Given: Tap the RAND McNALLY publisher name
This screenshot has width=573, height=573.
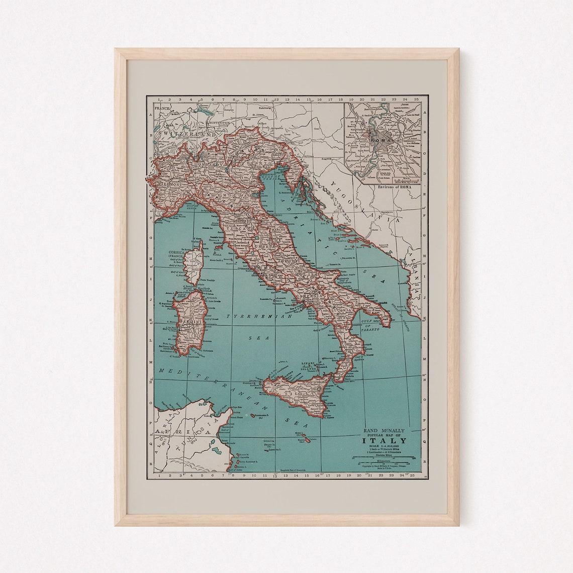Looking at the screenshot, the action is click(385, 430).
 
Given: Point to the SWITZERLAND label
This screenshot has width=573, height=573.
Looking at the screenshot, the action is click(181, 135).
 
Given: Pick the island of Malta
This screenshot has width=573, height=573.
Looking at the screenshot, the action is click(302, 440).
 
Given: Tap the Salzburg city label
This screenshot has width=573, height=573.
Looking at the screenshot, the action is click(265, 107).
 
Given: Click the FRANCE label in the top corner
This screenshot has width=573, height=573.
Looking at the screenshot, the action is click(163, 108).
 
